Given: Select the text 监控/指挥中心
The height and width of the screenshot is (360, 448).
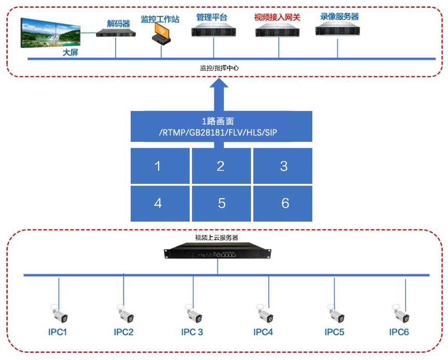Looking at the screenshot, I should (219, 68).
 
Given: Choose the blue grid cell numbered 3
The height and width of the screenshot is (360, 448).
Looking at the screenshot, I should (283, 166).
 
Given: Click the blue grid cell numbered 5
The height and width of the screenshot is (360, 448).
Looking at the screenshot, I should (221, 203).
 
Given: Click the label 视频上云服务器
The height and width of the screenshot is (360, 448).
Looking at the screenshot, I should (217, 238).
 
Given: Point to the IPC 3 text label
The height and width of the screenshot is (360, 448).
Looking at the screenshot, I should (192, 332).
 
